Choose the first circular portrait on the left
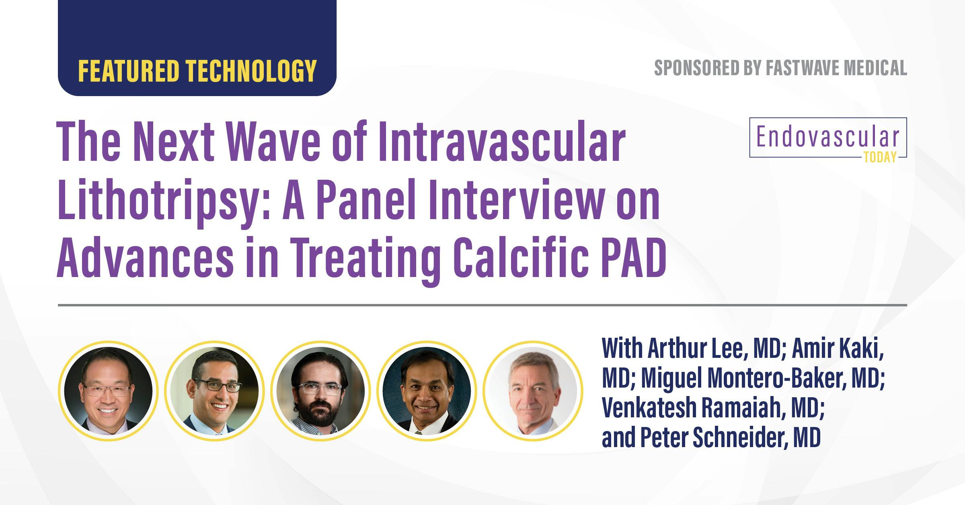click(x=108, y=391)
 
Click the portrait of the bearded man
click(x=320, y=391)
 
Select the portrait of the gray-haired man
click(x=533, y=391)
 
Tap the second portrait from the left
click(x=214, y=391)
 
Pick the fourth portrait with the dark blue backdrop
click(x=427, y=391)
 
